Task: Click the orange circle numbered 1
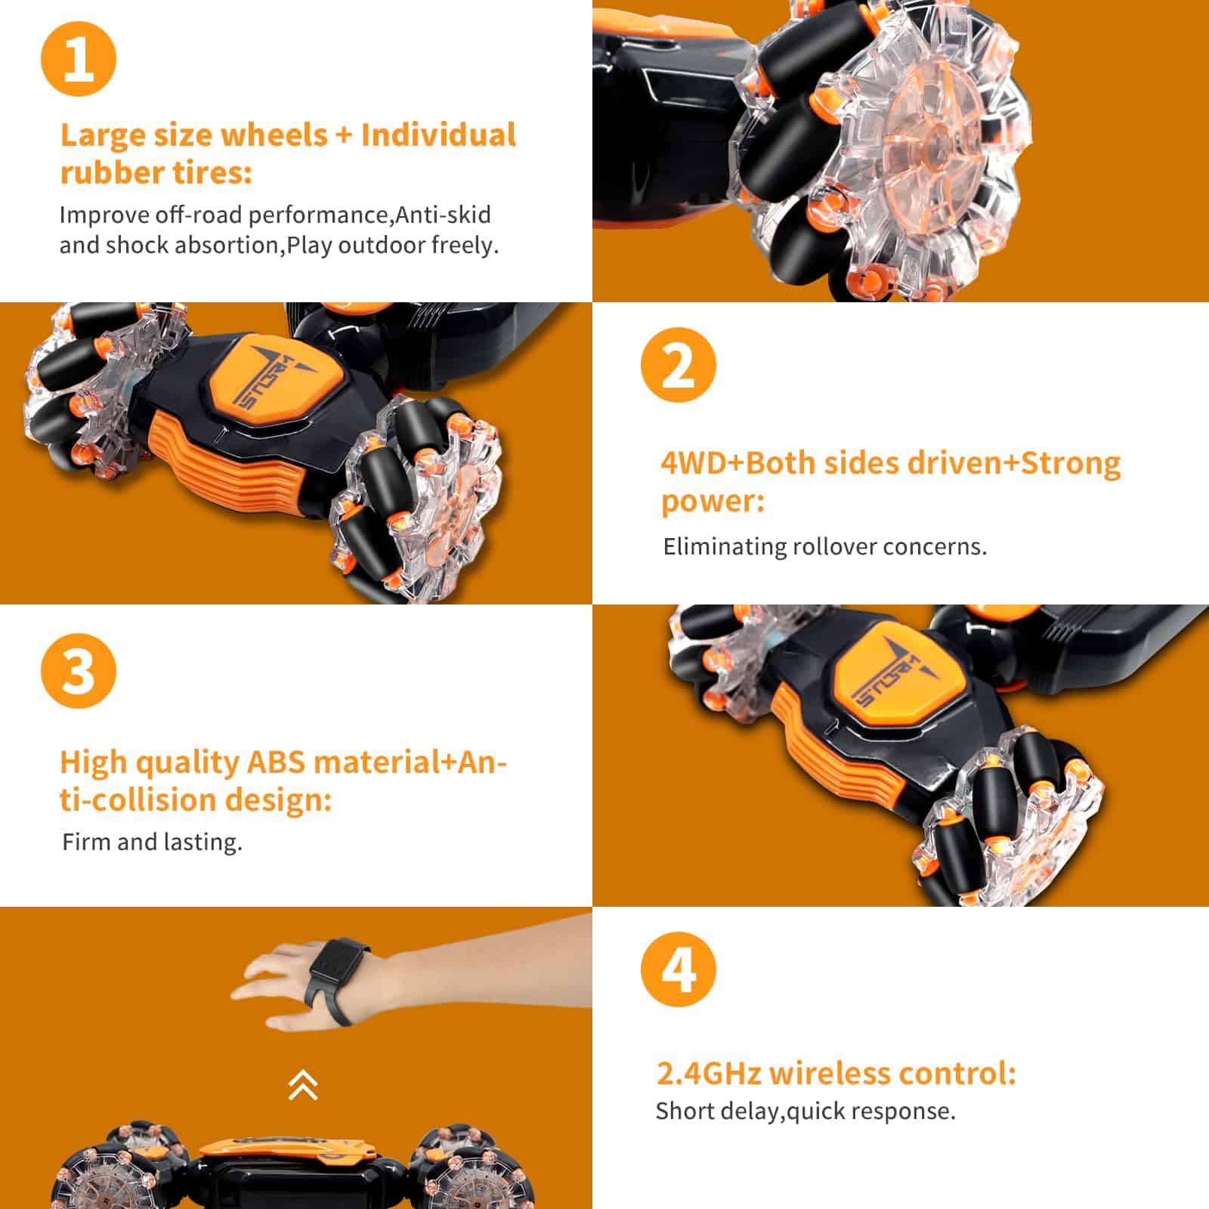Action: pos(79,59)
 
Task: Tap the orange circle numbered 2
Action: pos(678,365)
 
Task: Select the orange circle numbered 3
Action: pos(79,671)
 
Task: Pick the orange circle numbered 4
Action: pos(678,969)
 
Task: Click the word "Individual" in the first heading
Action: pos(438,135)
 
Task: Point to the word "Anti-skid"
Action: pos(443,215)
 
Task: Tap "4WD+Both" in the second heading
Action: pos(740,463)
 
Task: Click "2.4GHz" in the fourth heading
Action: pos(709,1073)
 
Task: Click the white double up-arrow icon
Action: pos(303,1085)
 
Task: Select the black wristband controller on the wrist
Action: pos(339,979)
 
